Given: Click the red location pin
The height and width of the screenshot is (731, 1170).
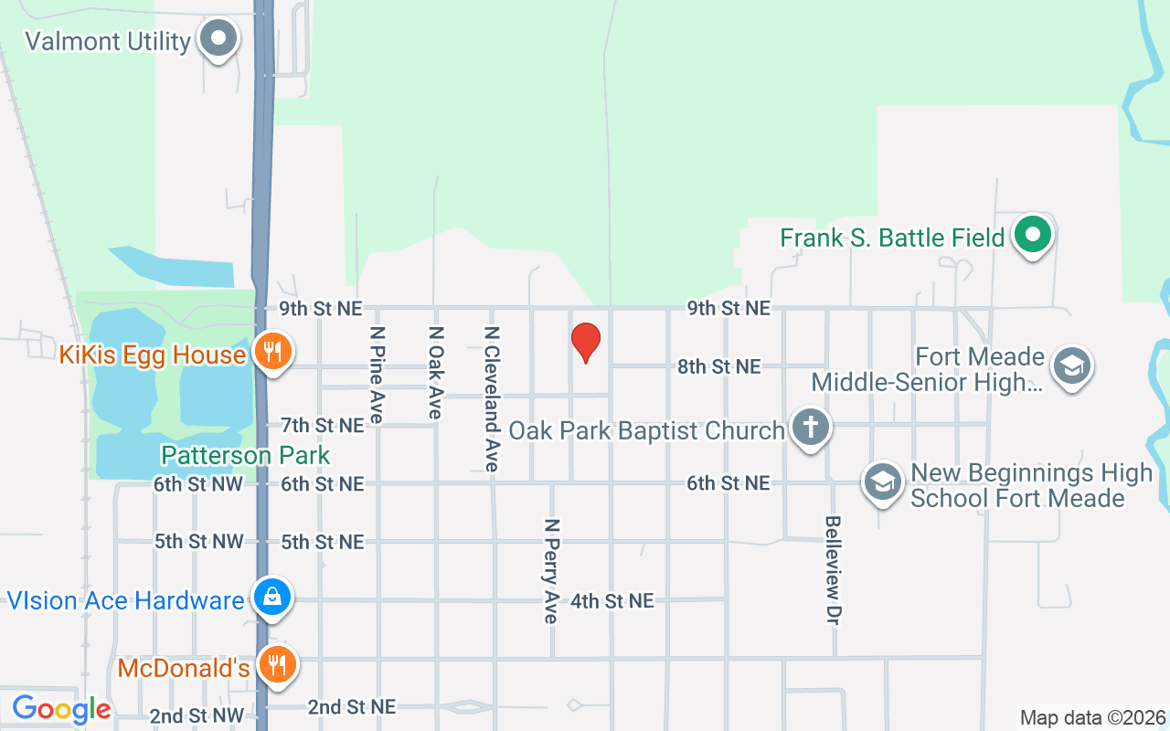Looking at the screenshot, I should coord(585,343).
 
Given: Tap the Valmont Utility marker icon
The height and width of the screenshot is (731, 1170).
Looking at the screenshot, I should coord(218,39).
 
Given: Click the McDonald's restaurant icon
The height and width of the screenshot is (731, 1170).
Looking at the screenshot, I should coord(274,664).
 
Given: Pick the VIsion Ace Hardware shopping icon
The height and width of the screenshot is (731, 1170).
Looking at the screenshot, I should coord(271,597).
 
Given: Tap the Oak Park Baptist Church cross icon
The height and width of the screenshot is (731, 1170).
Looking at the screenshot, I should coord(809,427).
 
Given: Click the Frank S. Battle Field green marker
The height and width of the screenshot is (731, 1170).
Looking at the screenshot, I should coord(1033,235).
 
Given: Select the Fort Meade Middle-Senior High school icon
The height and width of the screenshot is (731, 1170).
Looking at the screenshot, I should coord(1071,366).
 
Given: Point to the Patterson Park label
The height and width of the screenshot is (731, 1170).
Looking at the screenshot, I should coord(245,455).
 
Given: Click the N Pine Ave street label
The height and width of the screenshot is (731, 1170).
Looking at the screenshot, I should coord(376,374).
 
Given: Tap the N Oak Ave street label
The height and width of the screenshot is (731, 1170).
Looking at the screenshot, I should coord(435,372).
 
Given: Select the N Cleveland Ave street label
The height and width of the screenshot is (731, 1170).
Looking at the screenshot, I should coord(492,398).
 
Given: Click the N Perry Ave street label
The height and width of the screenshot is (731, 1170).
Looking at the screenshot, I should coord(550,571).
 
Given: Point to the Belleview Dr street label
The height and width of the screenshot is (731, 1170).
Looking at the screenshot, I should coord(832,570).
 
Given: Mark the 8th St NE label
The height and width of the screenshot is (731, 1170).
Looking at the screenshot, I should coord(718,366).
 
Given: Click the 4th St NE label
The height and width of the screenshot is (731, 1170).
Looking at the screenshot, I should coord(612,600).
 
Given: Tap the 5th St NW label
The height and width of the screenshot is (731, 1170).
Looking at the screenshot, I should coord(198,541).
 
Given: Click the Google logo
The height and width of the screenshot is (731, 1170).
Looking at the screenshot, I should coord(61,709).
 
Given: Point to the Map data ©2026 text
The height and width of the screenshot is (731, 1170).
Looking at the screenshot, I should coord(1092,717).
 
